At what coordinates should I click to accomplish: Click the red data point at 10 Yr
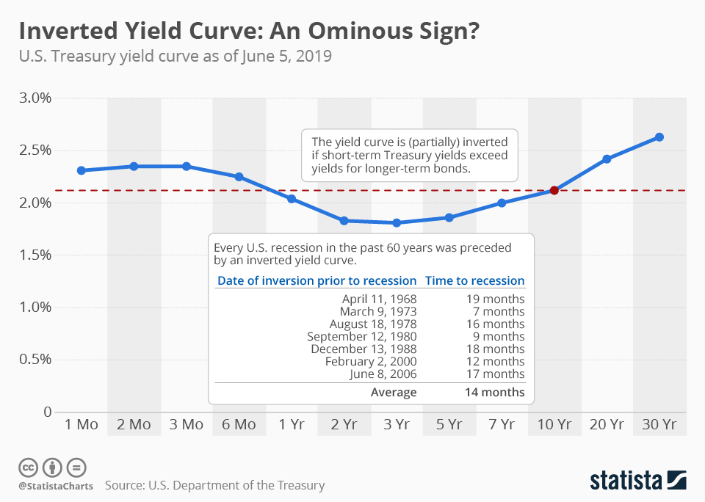[554, 190]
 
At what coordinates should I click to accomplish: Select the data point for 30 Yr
[659, 137]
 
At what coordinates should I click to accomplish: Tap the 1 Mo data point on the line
[82, 170]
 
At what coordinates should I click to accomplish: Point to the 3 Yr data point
[397, 222]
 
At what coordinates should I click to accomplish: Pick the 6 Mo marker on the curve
[239, 177]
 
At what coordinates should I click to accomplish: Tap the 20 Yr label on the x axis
[607, 425]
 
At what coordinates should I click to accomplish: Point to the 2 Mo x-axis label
[134, 425]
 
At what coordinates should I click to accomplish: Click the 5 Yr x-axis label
[449, 425]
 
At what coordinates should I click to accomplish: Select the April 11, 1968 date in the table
[379, 299]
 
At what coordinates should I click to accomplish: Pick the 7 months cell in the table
[496, 311]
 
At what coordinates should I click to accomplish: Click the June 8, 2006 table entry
[383, 374]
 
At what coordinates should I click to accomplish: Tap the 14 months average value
[494, 392]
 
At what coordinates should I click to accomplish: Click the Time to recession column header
[475, 280]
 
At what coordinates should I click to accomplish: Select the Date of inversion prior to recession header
[317, 280]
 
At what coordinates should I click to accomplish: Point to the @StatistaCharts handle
[56, 486]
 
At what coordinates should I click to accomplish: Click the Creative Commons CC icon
[28, 467]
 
